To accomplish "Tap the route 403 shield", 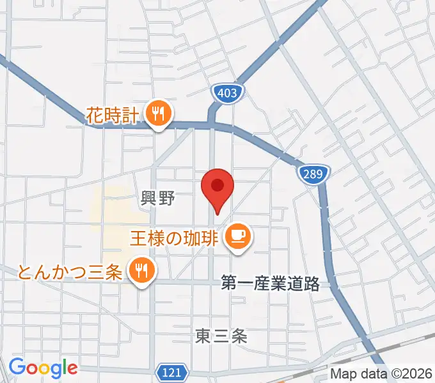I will point(229,93).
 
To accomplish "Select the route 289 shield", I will point(313,173).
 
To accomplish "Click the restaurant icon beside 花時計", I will point(157,115).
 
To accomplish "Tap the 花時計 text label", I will point(113,116).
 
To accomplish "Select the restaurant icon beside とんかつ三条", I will point(139,271).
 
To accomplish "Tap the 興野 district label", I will point(157,199).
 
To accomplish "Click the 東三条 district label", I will point(221,336).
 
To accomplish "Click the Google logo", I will point(42,368).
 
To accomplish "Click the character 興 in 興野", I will point(149,199).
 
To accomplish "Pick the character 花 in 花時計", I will point(95,116).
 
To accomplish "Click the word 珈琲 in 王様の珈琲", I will point(204,238).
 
